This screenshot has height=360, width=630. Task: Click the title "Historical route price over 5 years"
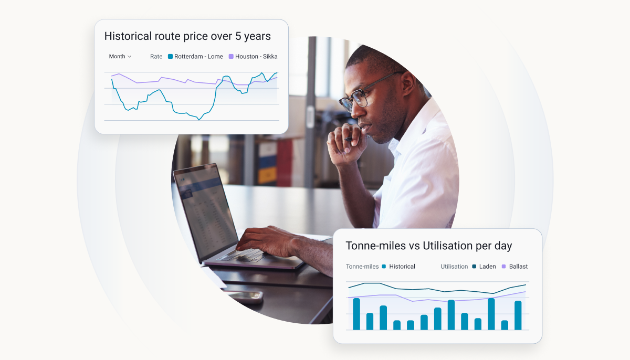[187, 36]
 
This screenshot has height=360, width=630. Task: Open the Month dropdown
[120, 57]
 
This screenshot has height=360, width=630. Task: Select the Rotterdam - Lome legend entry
[195, 57]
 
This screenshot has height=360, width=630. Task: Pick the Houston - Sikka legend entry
[253, 57]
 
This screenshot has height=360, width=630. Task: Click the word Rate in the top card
[156, 57]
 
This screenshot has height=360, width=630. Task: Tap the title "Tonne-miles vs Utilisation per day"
[428, 246]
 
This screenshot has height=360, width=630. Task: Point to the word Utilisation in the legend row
[454, 267]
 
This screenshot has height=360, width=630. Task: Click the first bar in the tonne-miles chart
[356, 314]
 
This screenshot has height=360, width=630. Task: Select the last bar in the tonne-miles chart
[518, 315]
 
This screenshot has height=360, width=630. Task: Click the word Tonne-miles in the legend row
[362, 267]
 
